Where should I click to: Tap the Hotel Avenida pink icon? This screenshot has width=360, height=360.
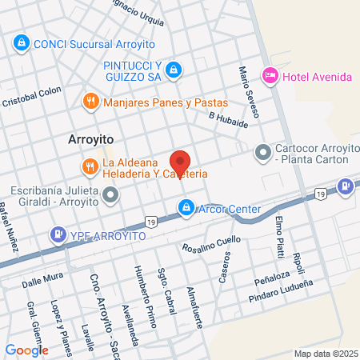pos(270,76)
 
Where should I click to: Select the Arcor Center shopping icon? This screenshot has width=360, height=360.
pos(186,208)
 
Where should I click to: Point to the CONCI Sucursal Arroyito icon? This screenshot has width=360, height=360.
pos(22,43)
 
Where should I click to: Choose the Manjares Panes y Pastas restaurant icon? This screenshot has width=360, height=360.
pos(90,102)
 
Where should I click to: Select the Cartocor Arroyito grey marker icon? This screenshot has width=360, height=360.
pos(262,151)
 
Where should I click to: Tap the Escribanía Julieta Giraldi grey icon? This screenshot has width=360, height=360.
pos(111,194)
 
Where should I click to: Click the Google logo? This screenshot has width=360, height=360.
pos(26,350)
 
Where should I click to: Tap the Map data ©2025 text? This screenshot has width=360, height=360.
pos(324,353)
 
